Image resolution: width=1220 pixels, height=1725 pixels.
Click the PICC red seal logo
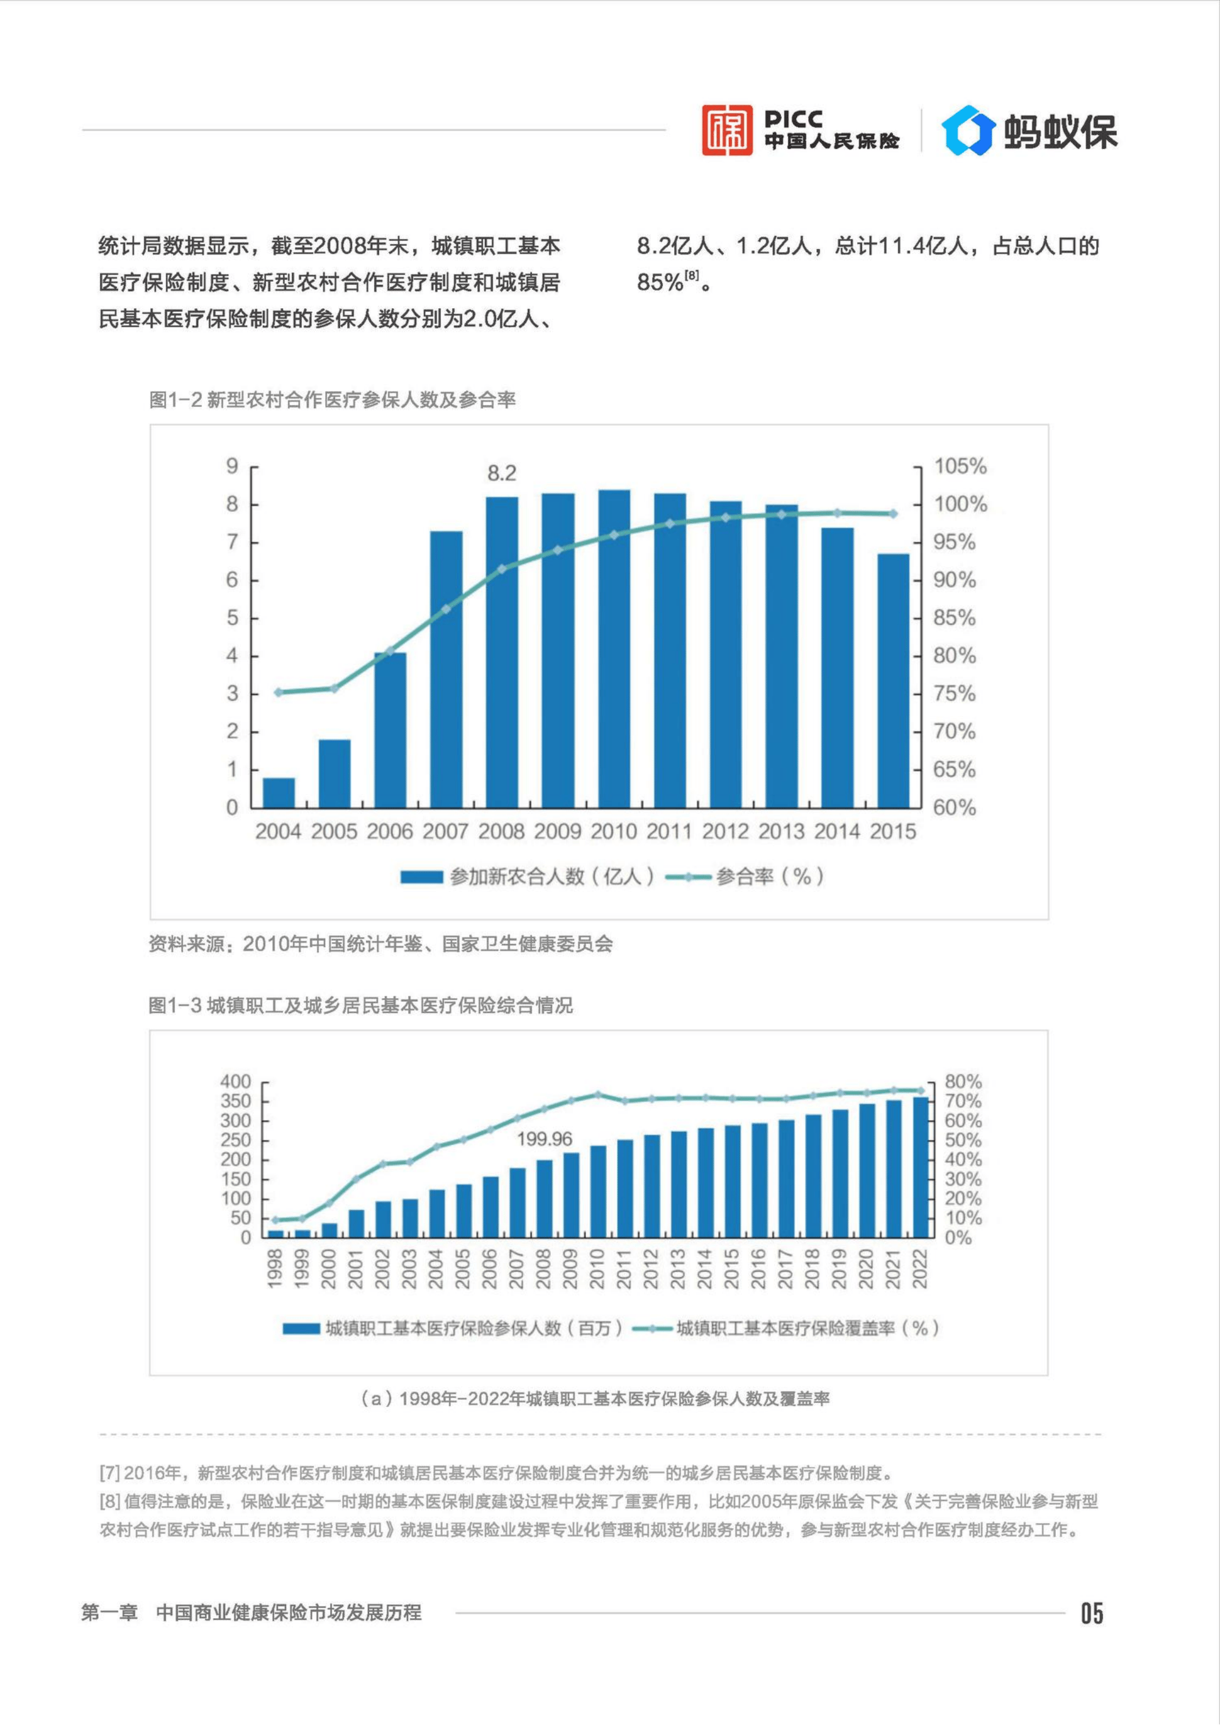point(727,130)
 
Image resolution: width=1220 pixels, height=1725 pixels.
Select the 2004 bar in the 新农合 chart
point(278,793)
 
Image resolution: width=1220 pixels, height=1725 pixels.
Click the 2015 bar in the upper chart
point(893,681)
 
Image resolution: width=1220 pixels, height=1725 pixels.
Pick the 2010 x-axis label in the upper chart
point(613,832)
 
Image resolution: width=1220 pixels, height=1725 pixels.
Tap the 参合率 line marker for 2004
point(278,692)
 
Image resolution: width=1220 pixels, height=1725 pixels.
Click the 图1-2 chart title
point(332,400)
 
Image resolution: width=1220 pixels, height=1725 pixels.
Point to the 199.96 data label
point(544,1139)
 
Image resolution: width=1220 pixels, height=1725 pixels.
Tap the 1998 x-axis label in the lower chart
point(275,1269)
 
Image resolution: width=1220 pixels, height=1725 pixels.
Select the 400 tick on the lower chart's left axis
point(234,1082)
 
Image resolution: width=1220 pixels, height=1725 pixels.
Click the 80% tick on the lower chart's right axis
point(963,1082)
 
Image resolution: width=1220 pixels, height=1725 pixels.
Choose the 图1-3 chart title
point(360,1005)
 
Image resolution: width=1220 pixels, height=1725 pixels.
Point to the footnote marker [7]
point(110,1472)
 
